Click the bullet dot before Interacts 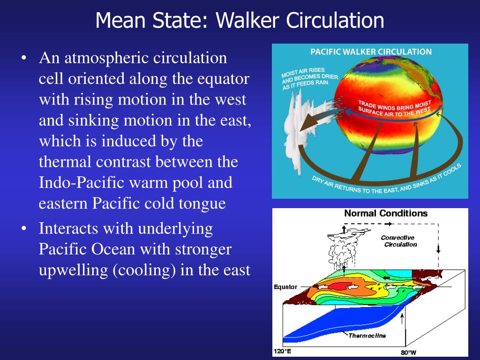pos(24,229)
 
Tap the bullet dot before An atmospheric pos(24,59)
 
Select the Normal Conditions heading pos(386,214)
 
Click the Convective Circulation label pos(399,241)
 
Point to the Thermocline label pos(367,335)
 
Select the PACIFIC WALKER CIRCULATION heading pos(371,52)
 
